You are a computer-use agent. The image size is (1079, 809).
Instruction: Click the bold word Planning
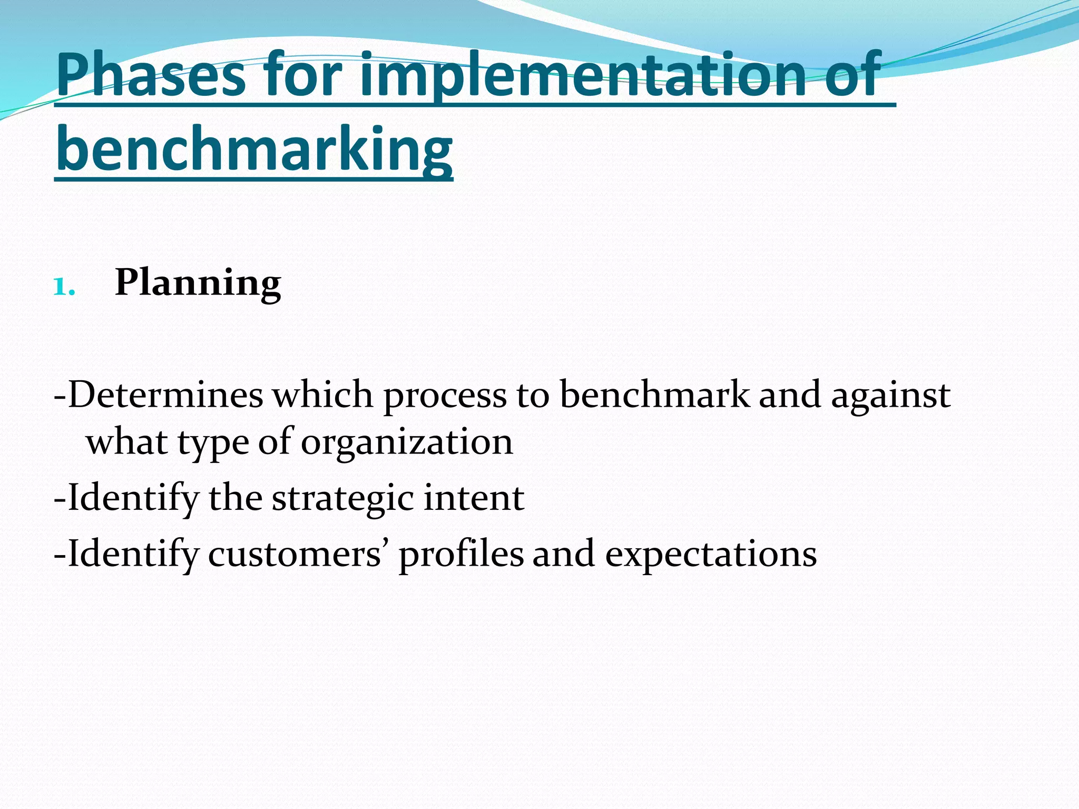(x=198, y=283)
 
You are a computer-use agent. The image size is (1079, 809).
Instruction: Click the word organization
(x=406, y=442)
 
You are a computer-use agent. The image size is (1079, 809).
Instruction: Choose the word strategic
(x=342, y=498)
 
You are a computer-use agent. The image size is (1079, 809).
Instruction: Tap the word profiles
(x=461, y=554)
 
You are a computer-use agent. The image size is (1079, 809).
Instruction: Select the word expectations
(x=711, y=555)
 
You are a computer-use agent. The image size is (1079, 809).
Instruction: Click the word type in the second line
(x=213, y=443)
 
